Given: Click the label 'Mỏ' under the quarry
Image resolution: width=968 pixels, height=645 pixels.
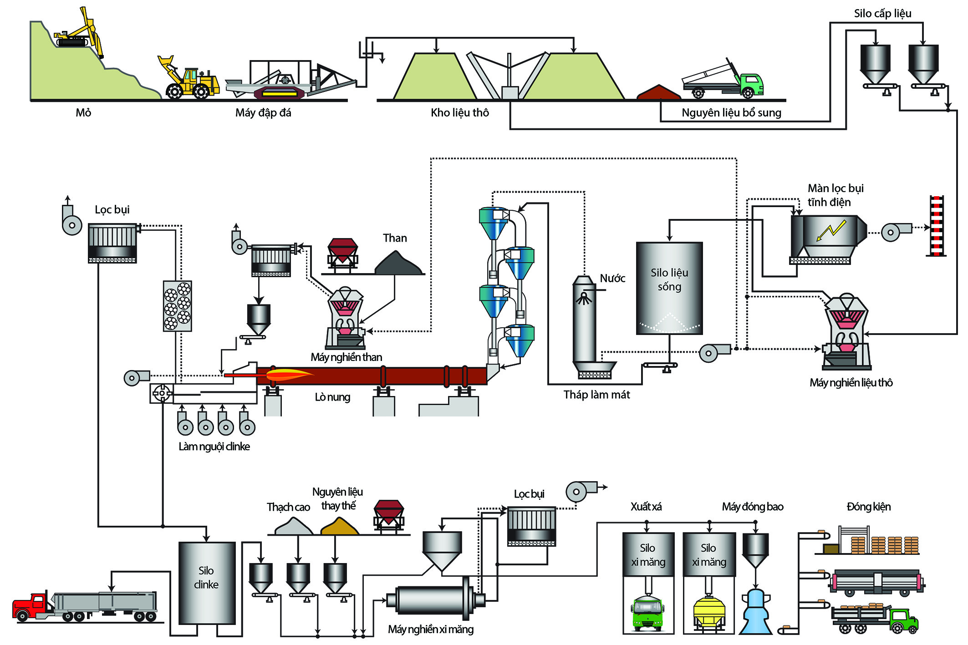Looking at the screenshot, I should coord(83,112).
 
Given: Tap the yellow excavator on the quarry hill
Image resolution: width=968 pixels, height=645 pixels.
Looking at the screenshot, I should coord(80,34).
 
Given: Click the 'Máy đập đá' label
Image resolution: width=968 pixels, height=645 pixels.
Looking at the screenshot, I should coord(263,112).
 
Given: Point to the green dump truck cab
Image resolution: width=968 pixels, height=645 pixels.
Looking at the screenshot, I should coord(751,84).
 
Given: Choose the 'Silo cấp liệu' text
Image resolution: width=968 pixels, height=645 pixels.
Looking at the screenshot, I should coord(882,13).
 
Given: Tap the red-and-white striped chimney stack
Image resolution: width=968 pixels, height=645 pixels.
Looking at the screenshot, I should coord(936,226).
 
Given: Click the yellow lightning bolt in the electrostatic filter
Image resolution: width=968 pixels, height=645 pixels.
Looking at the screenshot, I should coord(831,230).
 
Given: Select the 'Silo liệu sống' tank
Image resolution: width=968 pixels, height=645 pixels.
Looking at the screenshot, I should coord(669,288).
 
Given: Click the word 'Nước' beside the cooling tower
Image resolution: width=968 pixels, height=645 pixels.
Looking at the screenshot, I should coord(612,278).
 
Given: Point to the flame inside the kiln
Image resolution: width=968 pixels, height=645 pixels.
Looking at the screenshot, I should coord(287,375).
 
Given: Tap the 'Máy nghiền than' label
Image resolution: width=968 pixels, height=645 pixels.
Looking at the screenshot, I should coord(346,357).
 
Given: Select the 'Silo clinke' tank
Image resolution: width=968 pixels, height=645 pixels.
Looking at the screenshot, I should coord(207,583).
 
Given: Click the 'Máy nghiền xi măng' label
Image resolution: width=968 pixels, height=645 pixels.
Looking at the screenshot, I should coord(431,630).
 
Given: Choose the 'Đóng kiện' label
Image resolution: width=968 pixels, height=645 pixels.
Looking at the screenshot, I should coord(868,507).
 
